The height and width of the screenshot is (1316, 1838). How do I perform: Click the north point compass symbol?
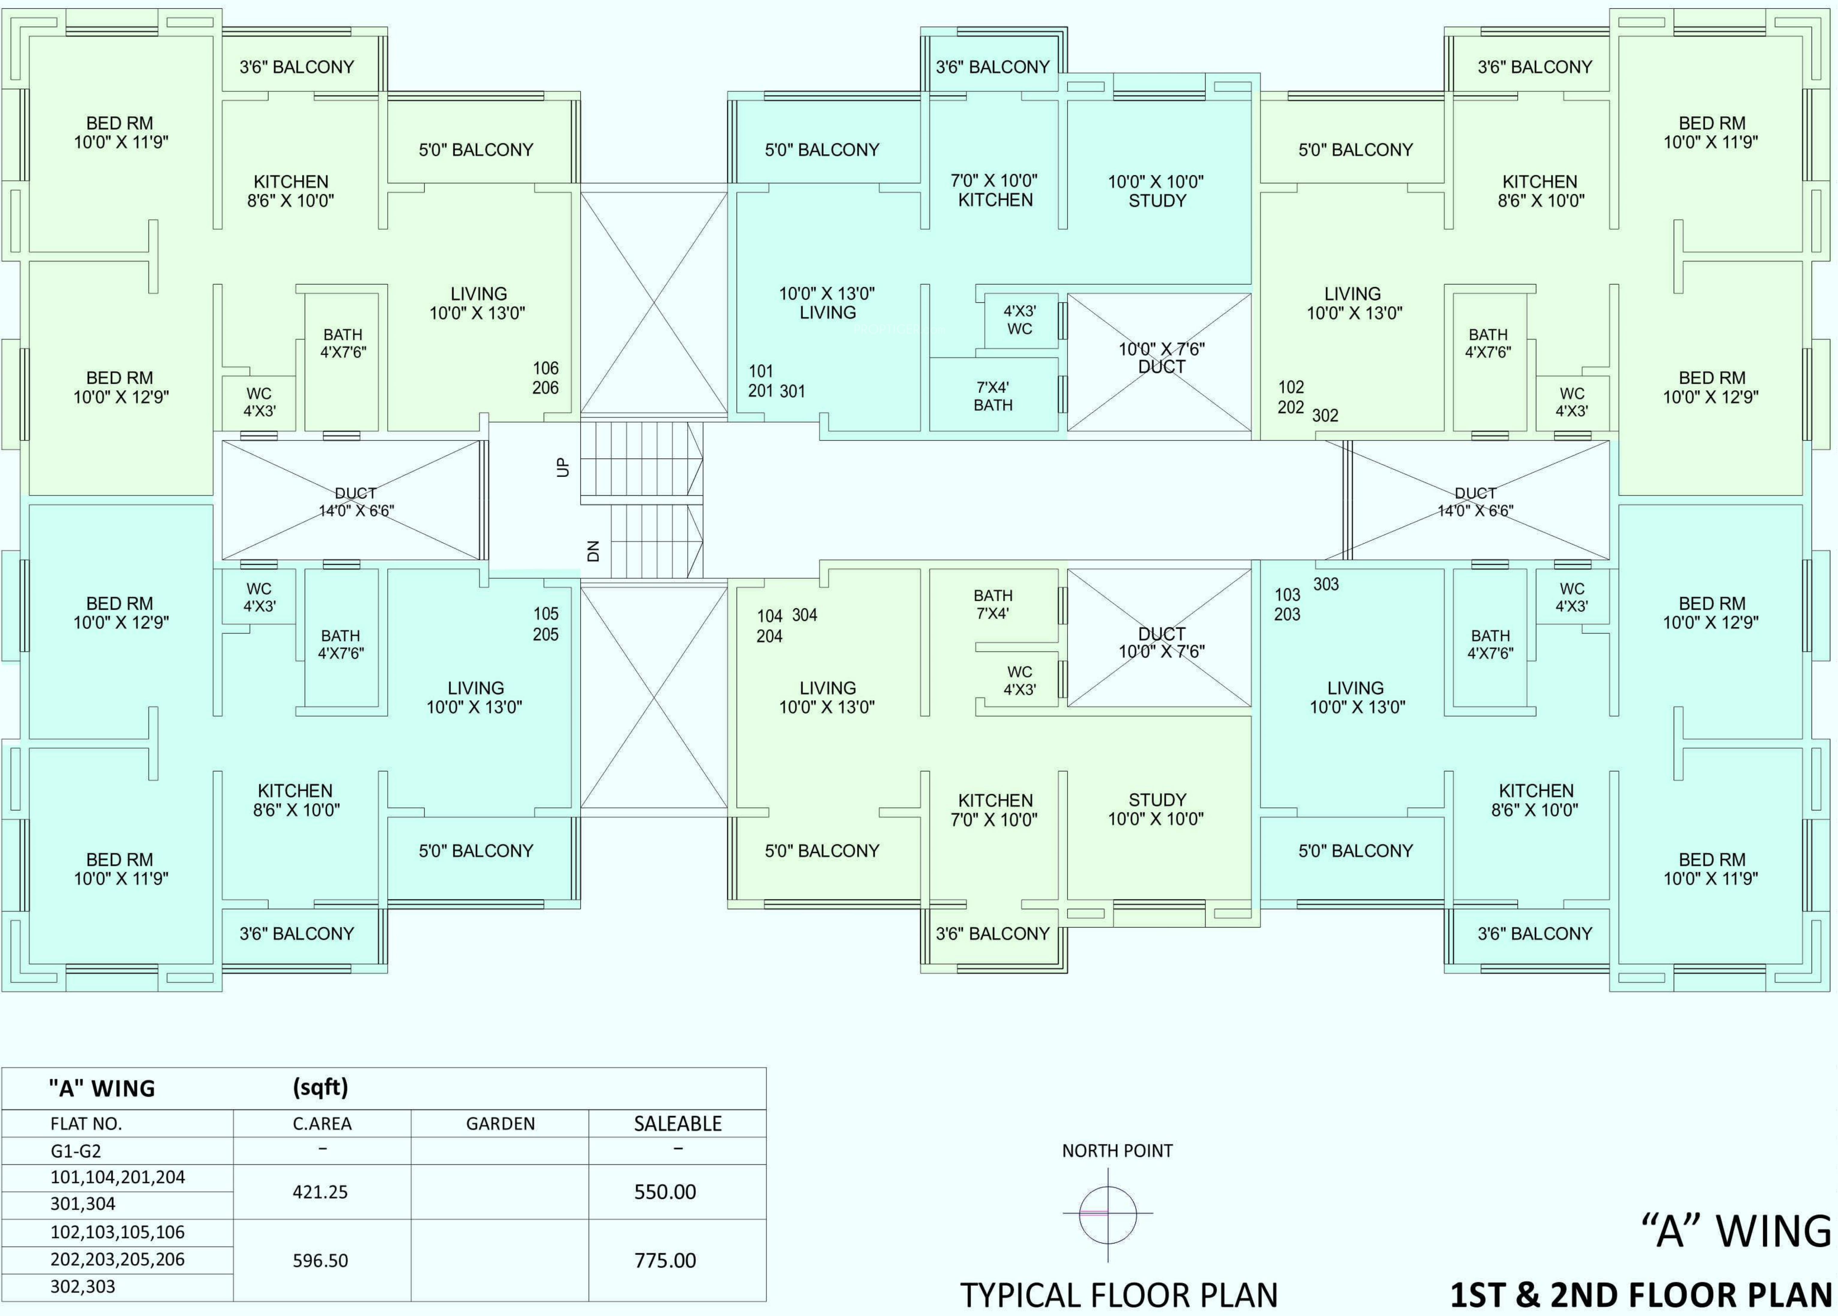1108,1213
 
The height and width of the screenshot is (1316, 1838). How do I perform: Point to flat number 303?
1326,584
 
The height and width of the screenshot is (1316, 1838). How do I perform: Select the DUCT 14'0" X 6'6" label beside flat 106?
356,502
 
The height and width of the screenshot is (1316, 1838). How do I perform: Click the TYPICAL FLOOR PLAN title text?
1119,1295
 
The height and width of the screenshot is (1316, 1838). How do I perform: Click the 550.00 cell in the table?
665,1192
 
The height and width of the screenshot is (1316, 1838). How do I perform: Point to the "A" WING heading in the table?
102,1088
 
